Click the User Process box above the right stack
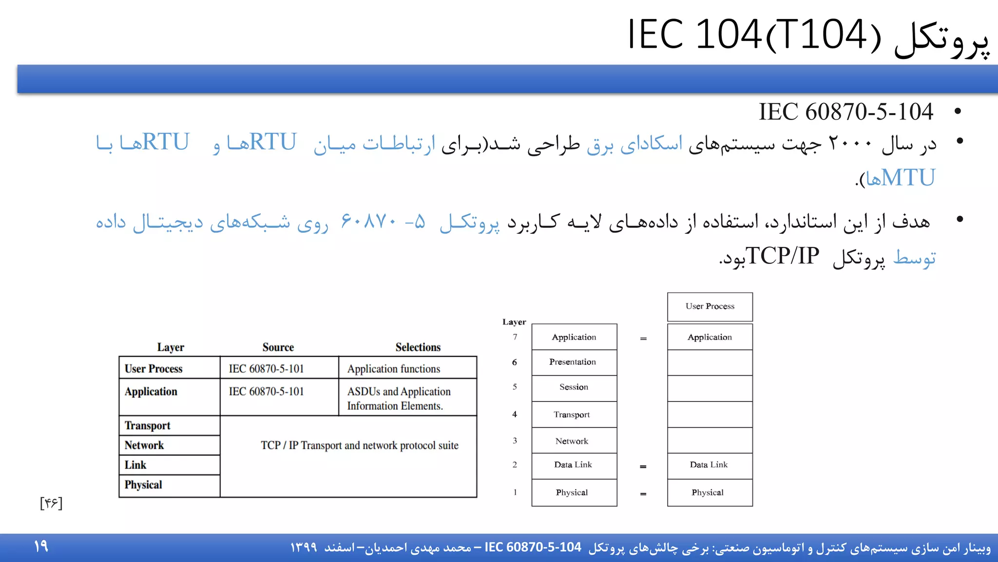(x=710, y=306)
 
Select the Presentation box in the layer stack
(x=574, y=362)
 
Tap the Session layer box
(x=574, y=387)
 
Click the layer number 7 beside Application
(x=515, y=337)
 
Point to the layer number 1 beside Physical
(x=515, y=493)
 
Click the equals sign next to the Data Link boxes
(x=643, y=467)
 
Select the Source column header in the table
(x=278, y=347)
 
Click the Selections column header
(x=418, y=347)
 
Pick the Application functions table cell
(x=394, y=369)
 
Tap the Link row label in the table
(x=135, y=465)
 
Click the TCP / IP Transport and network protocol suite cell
(x=360, y=445)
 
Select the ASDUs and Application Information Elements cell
(x=399, y=399)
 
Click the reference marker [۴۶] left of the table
(x=51, y=503)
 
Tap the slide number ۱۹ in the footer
(x=41, y=546)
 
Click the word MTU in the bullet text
(x=908, y=178)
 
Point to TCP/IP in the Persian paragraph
(x=782, y=256)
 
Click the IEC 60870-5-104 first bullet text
(x=845, y=112)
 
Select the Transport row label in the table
(x=147, y=426)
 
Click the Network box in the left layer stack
(x=574, y=441)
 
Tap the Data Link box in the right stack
(x=709, y=465)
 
